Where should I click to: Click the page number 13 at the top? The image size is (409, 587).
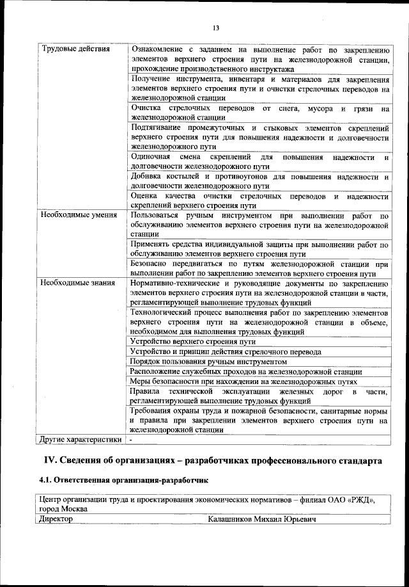215,27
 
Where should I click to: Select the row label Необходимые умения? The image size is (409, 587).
78,214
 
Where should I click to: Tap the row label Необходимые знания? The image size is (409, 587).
77,282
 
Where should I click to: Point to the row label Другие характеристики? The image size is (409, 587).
81,440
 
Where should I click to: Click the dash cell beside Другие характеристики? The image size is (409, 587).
131,440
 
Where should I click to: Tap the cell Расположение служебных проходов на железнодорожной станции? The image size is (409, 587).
245,371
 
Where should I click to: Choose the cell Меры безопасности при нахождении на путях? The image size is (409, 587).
243,381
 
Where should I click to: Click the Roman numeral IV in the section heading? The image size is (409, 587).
50,461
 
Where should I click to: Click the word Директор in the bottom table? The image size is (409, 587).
56,519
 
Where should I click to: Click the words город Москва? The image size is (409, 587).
59,509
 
